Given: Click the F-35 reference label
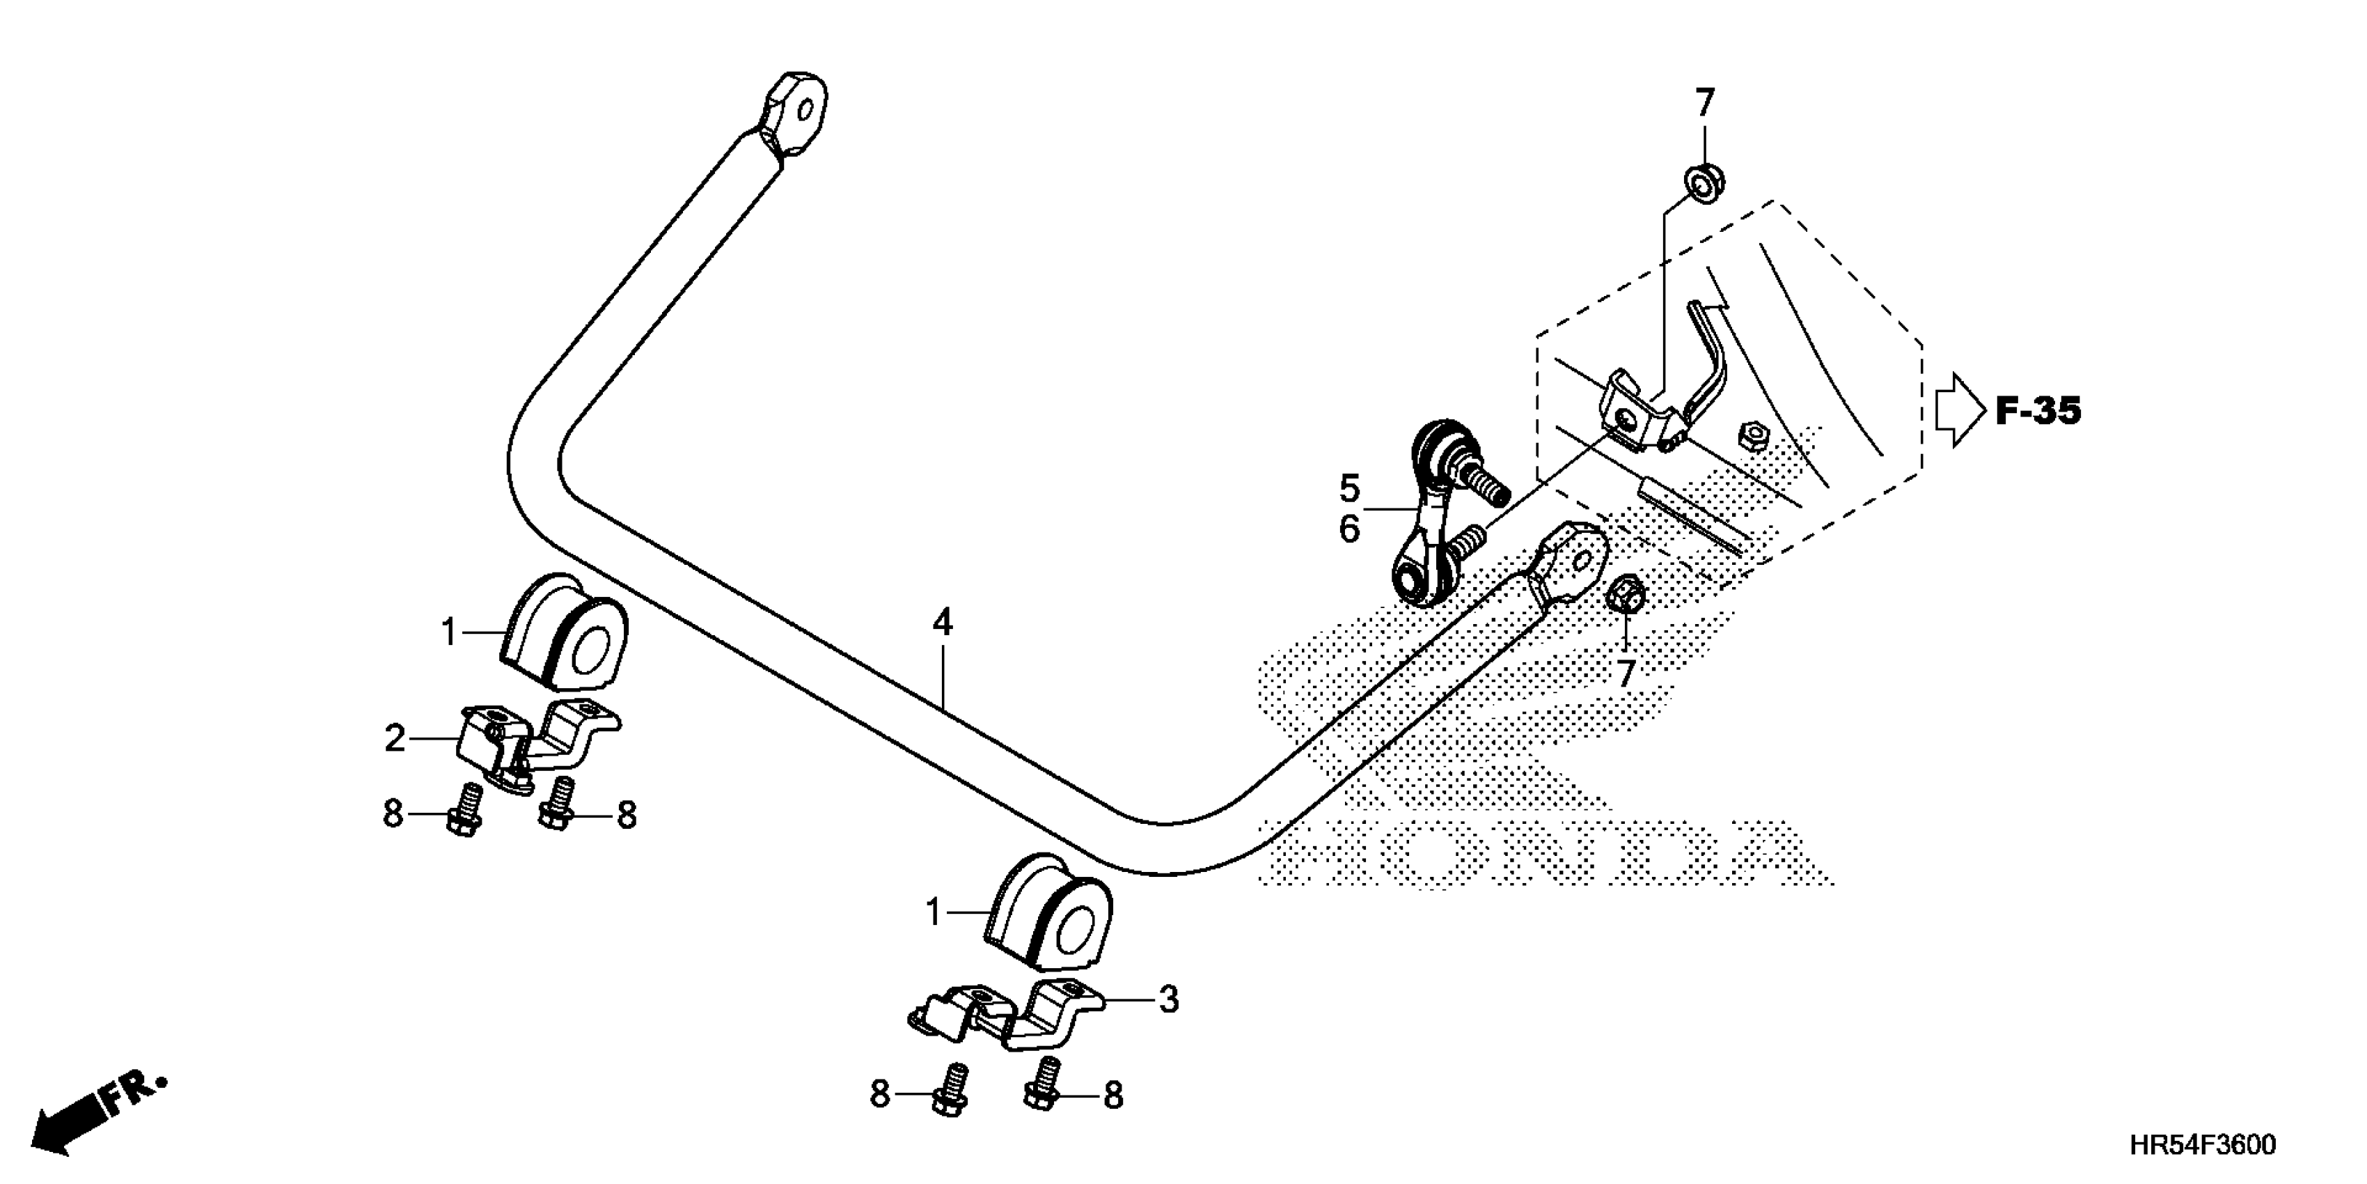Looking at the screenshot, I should click(2037, 411).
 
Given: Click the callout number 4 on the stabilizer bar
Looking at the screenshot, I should click(942, 623).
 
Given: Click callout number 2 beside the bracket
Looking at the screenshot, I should click(395, 738).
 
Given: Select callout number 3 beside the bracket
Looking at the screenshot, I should click(1168, 999).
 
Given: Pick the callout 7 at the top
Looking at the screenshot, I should click(1704, 104).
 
